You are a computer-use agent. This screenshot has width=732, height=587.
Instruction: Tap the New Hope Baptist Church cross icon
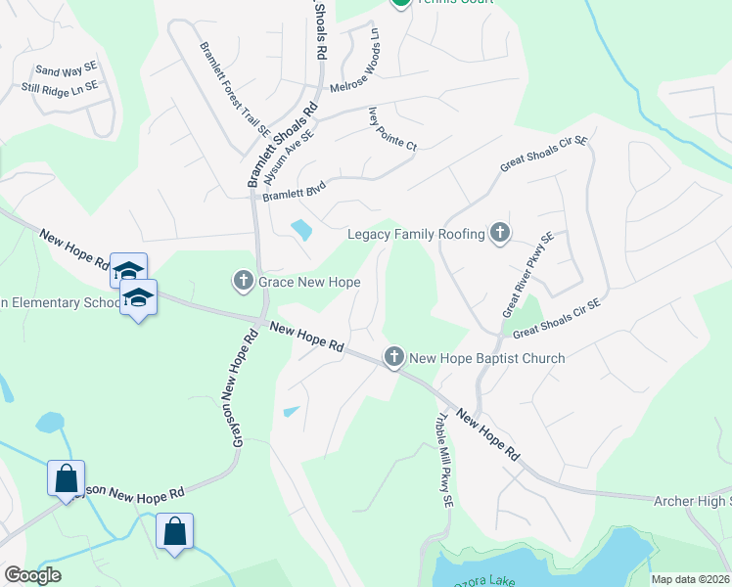pyautogui.click(x=394, y=357)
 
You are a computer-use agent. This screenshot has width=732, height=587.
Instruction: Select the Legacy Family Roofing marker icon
pyautogui.click(x=501, y=233)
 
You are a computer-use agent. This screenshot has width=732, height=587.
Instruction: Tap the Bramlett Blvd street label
pyautogui.click(x=294, y=187)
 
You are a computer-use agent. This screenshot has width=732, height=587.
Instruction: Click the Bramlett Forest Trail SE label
pyautogui.click(x=234, y=88)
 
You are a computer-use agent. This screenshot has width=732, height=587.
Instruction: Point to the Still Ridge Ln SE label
pyautogui.click(x=61, y=87)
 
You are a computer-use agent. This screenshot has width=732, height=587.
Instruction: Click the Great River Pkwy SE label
pyautogui.click(x=528, y=274)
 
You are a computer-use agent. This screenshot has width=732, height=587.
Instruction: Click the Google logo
pyautogui.click(x=32, y=575)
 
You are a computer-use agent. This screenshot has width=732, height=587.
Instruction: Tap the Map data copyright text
pyautogui.click(x=690, y=579)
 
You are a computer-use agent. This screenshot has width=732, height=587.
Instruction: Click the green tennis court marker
pyautogui.click(x=400, y=3)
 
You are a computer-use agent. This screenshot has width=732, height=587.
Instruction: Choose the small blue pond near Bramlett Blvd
pyautogui.click(x=301, y=231)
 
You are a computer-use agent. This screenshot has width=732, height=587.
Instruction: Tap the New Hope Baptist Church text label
pyautogui.click(x=486, y=358)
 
